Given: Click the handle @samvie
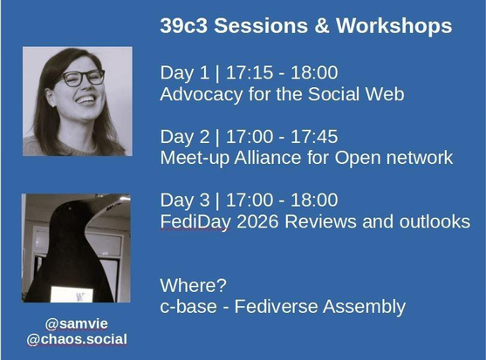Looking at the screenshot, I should tap(77, 323).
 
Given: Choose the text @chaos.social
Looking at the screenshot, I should tap(77, 339).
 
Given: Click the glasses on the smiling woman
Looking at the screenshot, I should tap(83, 78).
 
